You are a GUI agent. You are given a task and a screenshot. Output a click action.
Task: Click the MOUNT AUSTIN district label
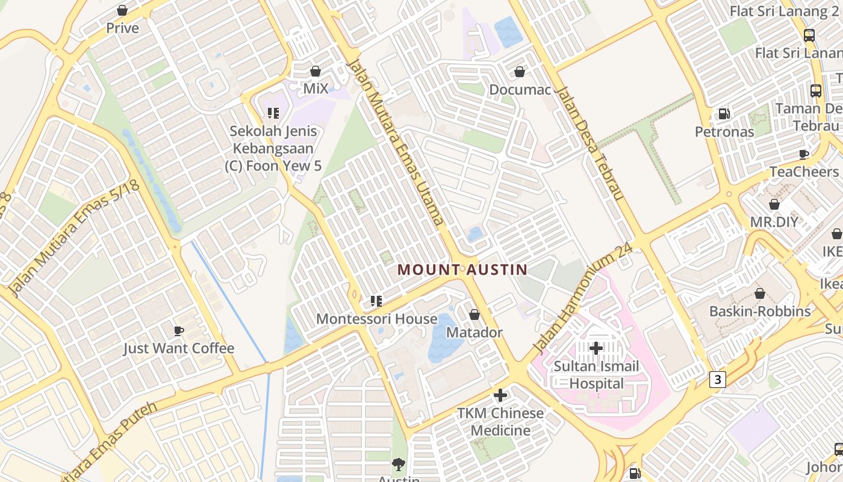462,270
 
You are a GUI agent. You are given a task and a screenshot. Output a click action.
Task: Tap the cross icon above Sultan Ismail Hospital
596,348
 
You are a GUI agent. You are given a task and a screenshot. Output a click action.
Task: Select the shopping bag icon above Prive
122,10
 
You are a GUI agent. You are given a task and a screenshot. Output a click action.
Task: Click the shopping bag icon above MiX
316,71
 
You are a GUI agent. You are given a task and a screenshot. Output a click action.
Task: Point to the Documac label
520,90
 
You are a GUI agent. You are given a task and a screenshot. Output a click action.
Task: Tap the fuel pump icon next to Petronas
724,114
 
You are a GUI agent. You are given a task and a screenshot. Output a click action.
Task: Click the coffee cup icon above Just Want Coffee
179,330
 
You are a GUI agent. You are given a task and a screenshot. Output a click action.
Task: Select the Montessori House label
376,319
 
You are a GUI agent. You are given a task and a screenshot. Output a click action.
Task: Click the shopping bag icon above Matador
474,315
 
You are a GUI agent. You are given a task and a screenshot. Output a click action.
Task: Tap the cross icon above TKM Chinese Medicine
500,395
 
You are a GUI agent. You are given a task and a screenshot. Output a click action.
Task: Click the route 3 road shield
717,379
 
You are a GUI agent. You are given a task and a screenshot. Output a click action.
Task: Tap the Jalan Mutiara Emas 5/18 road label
75,238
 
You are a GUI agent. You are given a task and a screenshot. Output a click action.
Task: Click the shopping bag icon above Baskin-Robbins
760,293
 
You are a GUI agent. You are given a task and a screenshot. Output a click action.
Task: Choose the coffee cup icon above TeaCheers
804,154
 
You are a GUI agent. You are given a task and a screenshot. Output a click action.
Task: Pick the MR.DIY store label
774,222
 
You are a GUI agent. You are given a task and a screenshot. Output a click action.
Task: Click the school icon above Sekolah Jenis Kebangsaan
273,113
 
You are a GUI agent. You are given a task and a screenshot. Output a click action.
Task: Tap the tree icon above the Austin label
398,464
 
